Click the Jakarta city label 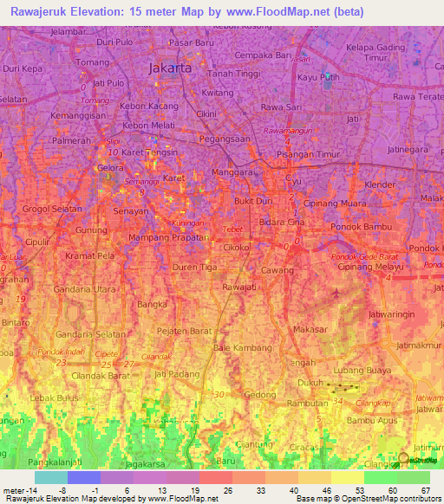tap(171, 68)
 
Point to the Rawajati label tap(239, 286)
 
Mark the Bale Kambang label tap(238, 347)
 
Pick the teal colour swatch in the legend tap(51, 477)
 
